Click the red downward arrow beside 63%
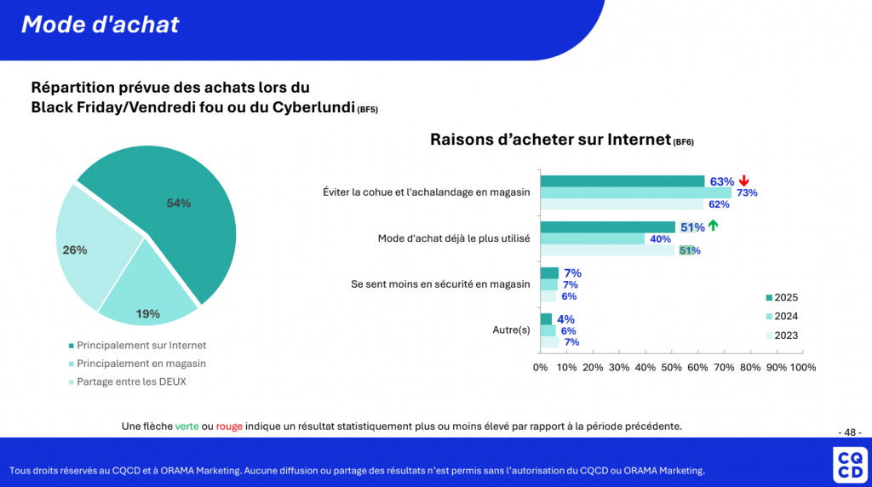pos(743,180)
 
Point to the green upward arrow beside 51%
pos(713,226)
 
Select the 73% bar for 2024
pos(635,192)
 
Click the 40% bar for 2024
pos(592,238)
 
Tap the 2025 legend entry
pos(781,298)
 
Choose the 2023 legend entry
pos(781,335)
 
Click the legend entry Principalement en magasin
pos(141,364)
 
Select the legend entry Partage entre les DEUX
pos(131,381)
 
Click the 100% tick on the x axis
pos(802,368)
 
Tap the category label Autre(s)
pos(511,329)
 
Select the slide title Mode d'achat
pos(100,25)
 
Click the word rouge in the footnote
pos(229,426)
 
